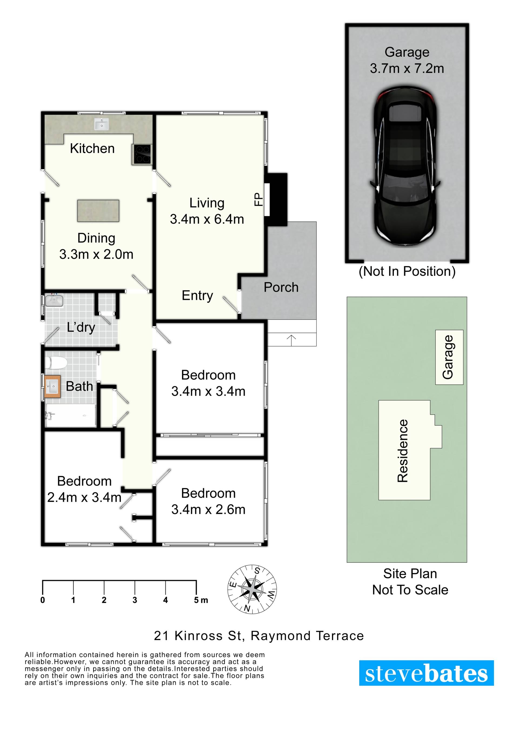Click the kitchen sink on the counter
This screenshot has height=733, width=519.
coord(102,124)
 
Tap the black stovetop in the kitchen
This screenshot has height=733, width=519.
coord(142,154)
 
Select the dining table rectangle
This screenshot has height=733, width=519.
coord(98,211)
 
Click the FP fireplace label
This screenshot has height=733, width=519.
coord(258,199)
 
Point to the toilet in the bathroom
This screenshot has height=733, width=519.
coord(56,363)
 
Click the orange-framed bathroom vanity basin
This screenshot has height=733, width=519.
coord(52,386)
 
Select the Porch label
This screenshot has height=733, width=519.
coord(281,287)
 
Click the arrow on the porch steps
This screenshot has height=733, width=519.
coord(291,340)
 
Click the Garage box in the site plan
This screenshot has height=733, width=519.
coord(449,357)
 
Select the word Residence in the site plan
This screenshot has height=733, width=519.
coord(403,451)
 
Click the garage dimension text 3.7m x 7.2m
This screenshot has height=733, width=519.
coord(407,68)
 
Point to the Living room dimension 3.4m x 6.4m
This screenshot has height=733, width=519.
coord(207,219)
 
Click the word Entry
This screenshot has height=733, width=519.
coord(197,296)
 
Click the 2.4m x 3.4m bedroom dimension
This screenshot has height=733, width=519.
coord(84,497)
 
